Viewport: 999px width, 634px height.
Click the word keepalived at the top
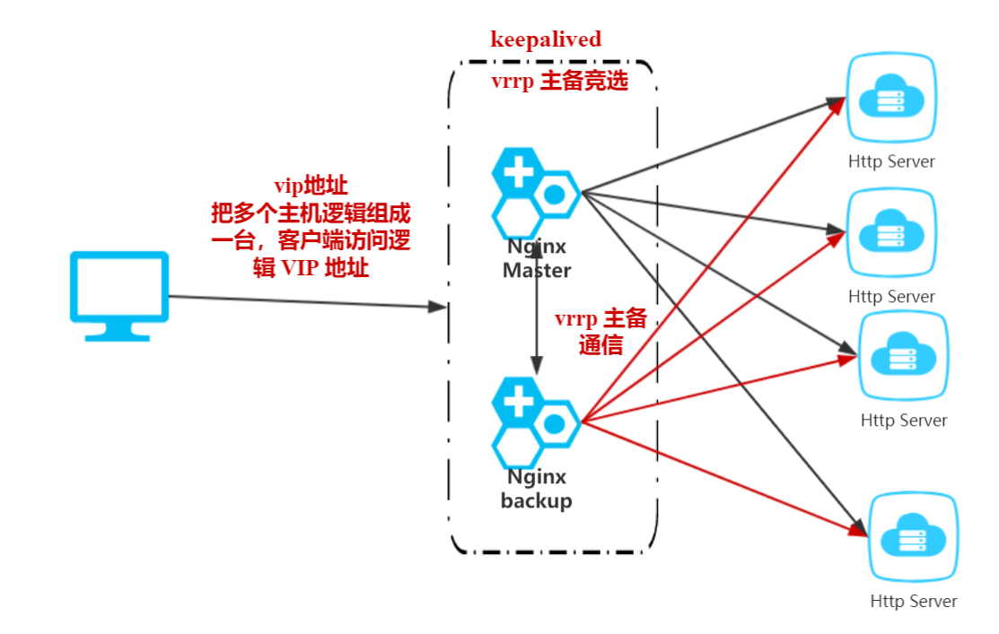click(546, 39)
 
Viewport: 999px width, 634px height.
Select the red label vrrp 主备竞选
click(558, 81)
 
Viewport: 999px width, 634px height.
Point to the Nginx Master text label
click(537, 258)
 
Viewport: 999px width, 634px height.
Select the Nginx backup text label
click(537, 489)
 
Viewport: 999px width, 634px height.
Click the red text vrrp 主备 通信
click(600, 333)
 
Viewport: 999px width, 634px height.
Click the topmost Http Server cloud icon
click(892, 99)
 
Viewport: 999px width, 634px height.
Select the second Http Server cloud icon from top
click(891, 233)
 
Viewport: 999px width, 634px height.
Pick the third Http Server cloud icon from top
click(903, 356)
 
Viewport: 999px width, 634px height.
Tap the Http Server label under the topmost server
click(891, 162)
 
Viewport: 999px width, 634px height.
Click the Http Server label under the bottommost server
click(914, 602)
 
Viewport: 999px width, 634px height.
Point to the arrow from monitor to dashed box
click(305, 302)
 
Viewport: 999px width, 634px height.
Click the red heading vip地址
click(311, 187)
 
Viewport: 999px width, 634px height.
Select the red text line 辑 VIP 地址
click(311, 267)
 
